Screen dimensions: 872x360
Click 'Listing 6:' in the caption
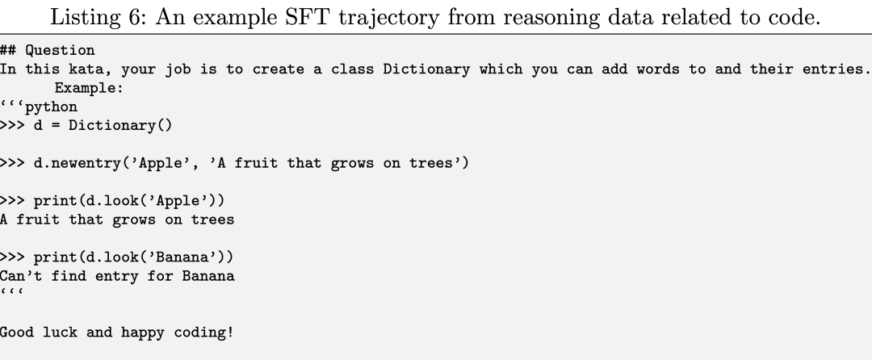(x=98, y=17)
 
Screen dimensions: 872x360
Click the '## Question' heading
(x=48, y=51)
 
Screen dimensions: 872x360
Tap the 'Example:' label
(x=89, y=88)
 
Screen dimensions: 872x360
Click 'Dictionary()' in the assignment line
(x=120, y=126)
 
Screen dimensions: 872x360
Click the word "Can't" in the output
(x=21, y=276)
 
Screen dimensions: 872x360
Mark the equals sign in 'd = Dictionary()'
(x=56, y=126)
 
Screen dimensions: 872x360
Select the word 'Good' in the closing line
(x=17, y=333)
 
